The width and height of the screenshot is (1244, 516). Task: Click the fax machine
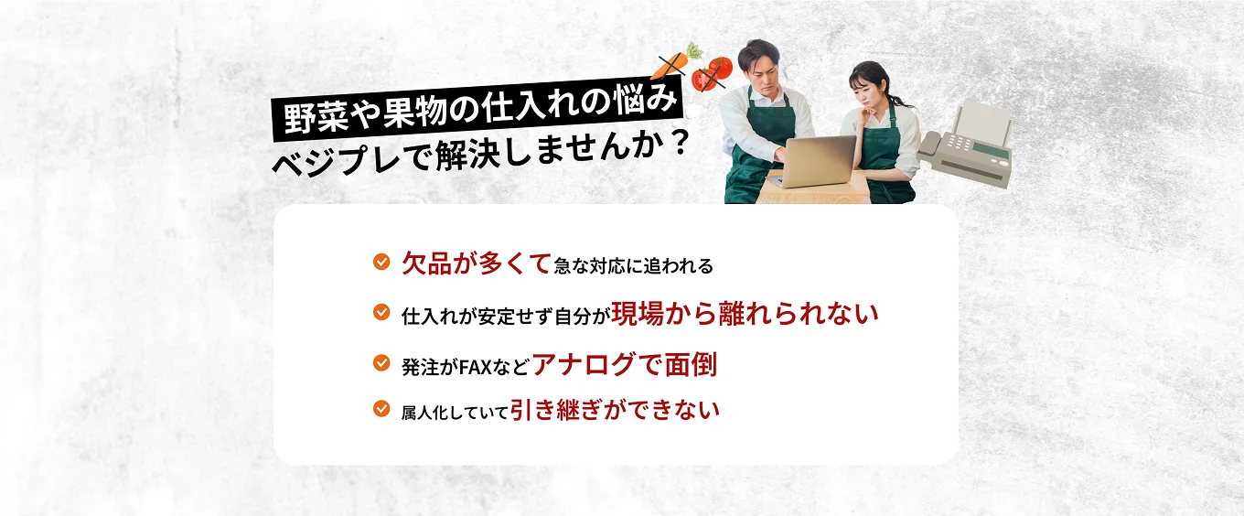(x=970, y=146)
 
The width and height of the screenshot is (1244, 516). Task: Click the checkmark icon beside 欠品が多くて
(x=381, y=263)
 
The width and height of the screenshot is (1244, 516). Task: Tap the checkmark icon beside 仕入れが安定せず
(x=381, y=313)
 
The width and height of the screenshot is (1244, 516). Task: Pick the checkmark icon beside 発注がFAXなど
(x=381, y=363)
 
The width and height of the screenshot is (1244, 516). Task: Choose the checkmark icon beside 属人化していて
(x=381, y=408)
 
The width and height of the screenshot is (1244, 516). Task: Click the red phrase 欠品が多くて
(x=476, y=263)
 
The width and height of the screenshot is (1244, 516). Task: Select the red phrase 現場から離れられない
(x=745, y=313)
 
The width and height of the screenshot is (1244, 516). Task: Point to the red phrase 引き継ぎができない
(x=615, y=408)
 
